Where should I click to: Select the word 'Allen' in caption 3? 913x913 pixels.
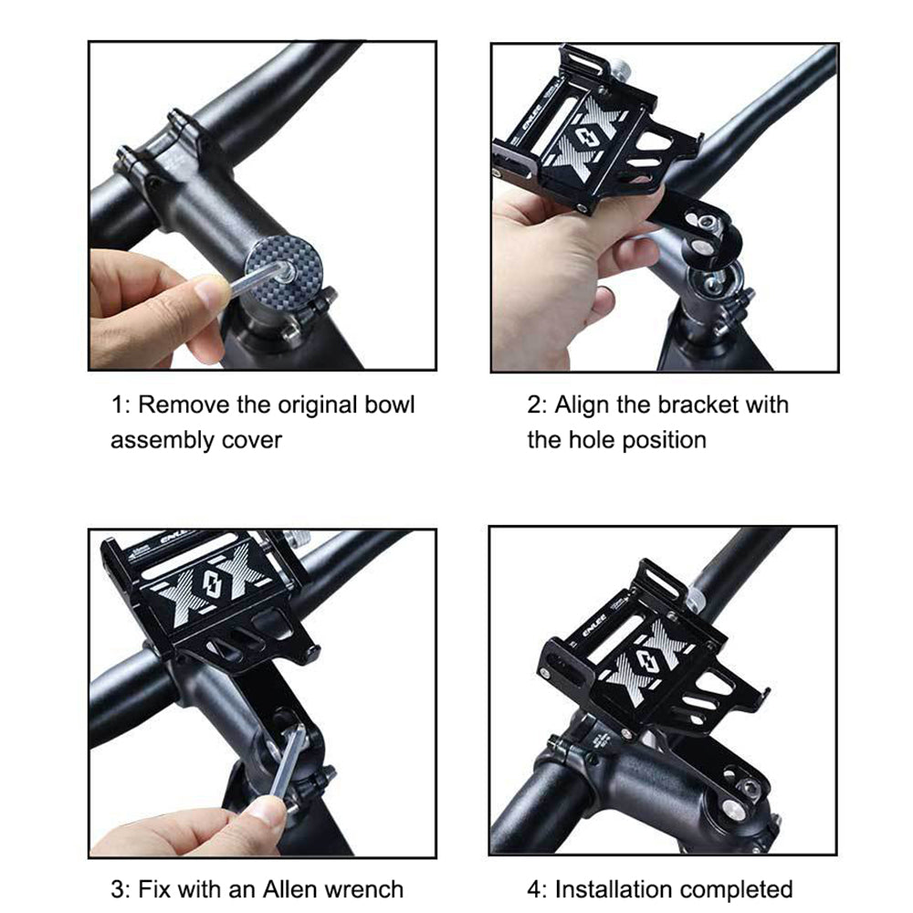point(288,889)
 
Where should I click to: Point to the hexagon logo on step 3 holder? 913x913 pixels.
point(213,581)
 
